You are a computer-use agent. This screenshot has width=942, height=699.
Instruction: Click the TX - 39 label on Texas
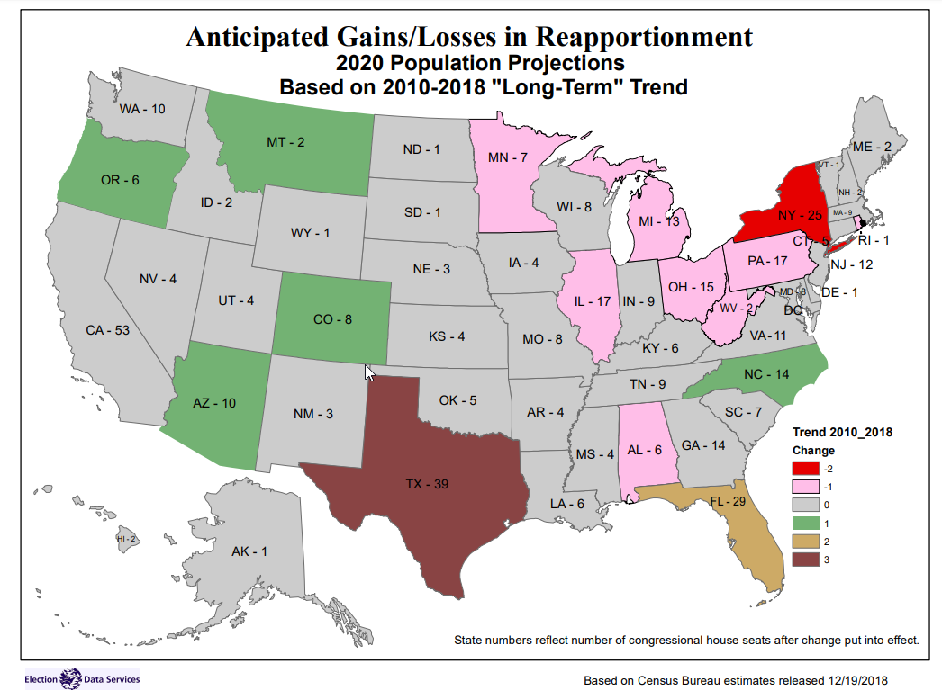click(427, 485)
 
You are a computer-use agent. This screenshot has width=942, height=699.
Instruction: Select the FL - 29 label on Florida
click(728, 501)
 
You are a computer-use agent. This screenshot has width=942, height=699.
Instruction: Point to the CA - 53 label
click(108, 330)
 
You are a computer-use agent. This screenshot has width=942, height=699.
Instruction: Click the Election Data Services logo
click(82, 678)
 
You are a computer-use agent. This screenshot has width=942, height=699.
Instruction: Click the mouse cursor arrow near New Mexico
click(369, 372)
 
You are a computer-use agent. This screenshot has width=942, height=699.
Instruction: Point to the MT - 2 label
click(285, 142)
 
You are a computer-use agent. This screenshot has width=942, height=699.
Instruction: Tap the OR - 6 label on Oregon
click(120, 180)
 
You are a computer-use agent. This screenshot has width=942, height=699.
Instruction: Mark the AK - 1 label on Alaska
click(249, 551)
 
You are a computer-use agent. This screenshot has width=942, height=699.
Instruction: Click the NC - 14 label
click(767, 374)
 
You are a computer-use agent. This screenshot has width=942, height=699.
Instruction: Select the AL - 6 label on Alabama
click(645, 451)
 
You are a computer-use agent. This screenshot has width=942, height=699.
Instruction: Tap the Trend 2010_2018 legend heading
click(842, 433)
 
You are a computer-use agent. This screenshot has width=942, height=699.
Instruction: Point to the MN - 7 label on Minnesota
click(508, 158)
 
